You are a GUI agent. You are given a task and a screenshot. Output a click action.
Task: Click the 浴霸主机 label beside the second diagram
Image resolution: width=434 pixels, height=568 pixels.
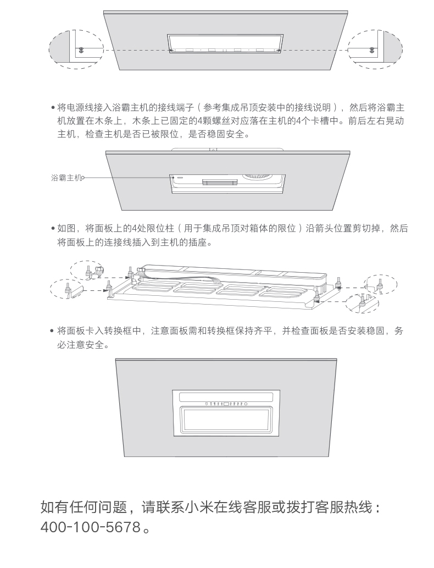(x=65, y=178)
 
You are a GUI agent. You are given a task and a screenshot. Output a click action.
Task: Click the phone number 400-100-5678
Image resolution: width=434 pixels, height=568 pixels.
(x=91, y=527)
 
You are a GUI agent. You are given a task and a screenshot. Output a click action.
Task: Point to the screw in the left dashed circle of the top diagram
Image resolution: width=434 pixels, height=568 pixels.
(x=81, y=49)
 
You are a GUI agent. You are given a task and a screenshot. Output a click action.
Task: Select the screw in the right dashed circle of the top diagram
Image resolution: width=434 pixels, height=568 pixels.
(x=373, y=49)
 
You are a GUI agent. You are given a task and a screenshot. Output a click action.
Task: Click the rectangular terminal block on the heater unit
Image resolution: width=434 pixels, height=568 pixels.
(x=216, y=182)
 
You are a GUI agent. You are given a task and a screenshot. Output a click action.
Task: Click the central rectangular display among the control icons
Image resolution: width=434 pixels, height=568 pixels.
(x=226, y=404)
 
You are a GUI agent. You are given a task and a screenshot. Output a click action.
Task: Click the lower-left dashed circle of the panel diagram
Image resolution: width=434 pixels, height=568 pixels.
(x=67, y=289)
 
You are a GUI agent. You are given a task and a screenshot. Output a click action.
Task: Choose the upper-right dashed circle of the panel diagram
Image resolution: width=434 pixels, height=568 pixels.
(x=381, y=284)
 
